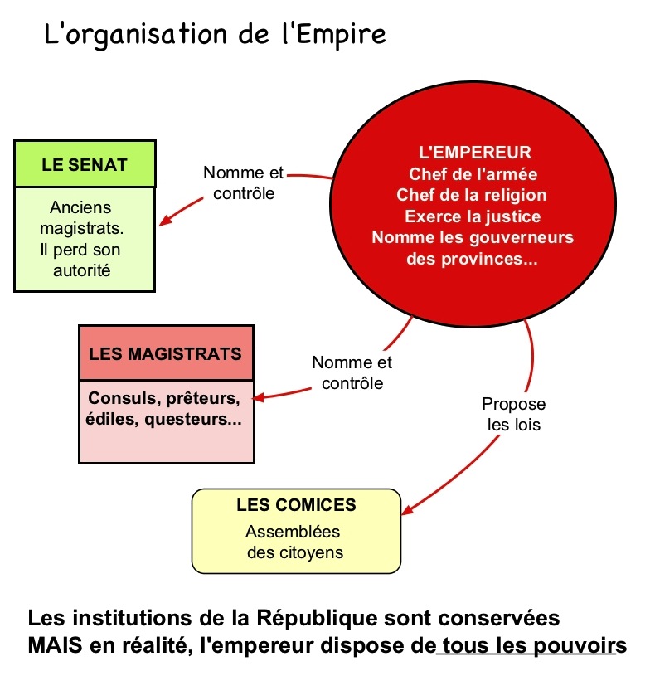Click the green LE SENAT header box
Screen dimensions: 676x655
click(85, 163)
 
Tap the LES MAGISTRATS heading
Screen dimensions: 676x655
click(166, 354)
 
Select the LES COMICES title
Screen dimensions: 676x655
click(296, 505)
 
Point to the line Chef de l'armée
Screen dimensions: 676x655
click(473, 174)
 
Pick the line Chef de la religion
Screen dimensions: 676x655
click(472, 196)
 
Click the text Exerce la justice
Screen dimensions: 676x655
click(473, 217)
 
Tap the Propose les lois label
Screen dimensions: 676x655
click(513, 416)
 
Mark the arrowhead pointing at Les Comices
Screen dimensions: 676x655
click(407, 509)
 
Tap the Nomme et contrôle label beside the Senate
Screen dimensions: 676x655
click(243, 183)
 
